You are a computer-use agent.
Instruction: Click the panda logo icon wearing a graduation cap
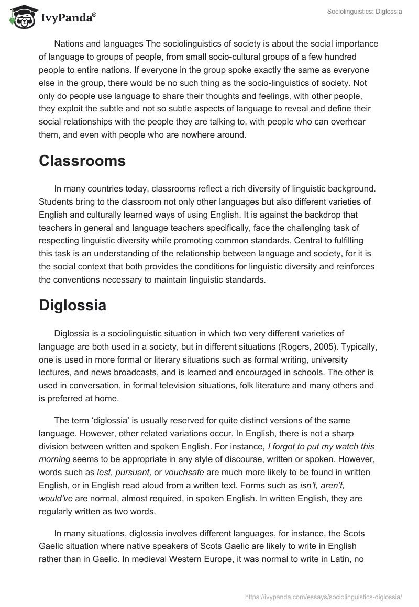point(20,17)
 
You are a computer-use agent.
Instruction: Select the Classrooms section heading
point(82,161)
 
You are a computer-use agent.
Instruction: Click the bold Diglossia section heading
point(72,306)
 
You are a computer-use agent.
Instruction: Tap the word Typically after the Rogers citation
point(358,347)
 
